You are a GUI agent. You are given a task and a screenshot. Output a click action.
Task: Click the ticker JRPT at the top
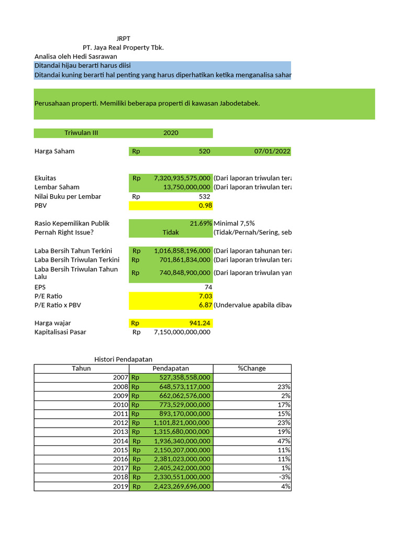pyautogui.click(x=123, y=38)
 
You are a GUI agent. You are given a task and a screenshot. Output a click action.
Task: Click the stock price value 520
pyautogui.click(x=204, y=151)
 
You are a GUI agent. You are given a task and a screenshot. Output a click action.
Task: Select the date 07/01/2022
pyautogui.click(x=272, y=151)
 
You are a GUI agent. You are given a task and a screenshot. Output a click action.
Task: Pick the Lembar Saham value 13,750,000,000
pyautogui.click(x=187, y=187)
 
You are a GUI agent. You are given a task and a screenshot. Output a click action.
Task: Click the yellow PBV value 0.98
pyautogui.click(x=205, y=206)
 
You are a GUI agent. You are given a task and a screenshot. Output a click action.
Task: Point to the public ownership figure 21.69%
pyautogui.click(x=201, y=223)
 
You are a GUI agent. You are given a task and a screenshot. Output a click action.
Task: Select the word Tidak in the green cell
pyautogui.click(x=171, y=232)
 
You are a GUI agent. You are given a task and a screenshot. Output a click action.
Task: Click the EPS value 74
pyautogui.click(x=208, y=287)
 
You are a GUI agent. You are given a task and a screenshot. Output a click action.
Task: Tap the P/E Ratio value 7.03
pyautogui.click(x=205, y=296)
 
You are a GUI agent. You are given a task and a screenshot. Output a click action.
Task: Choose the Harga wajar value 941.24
pyautogui.click(x=199, y=323)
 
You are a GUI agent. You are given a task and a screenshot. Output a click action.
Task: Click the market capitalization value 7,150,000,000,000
pyautogui.click(x=182, y=332)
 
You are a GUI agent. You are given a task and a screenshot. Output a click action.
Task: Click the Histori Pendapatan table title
pyautogui.click(x=122, y=359)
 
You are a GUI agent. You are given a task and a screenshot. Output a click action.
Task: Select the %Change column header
pyautogui.click(x=252, y=368)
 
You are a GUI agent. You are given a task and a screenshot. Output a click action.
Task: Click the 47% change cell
pyautogui.click(x=285, y=441)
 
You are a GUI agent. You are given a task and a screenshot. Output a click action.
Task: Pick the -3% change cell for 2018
pyautogui.click(x=285, y=477)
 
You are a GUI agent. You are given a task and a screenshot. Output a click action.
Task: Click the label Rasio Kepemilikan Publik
pyautogui.click(x=72, y=223)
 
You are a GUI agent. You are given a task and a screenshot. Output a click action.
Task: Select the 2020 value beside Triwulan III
pyautogui.click(x=171, y=133)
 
